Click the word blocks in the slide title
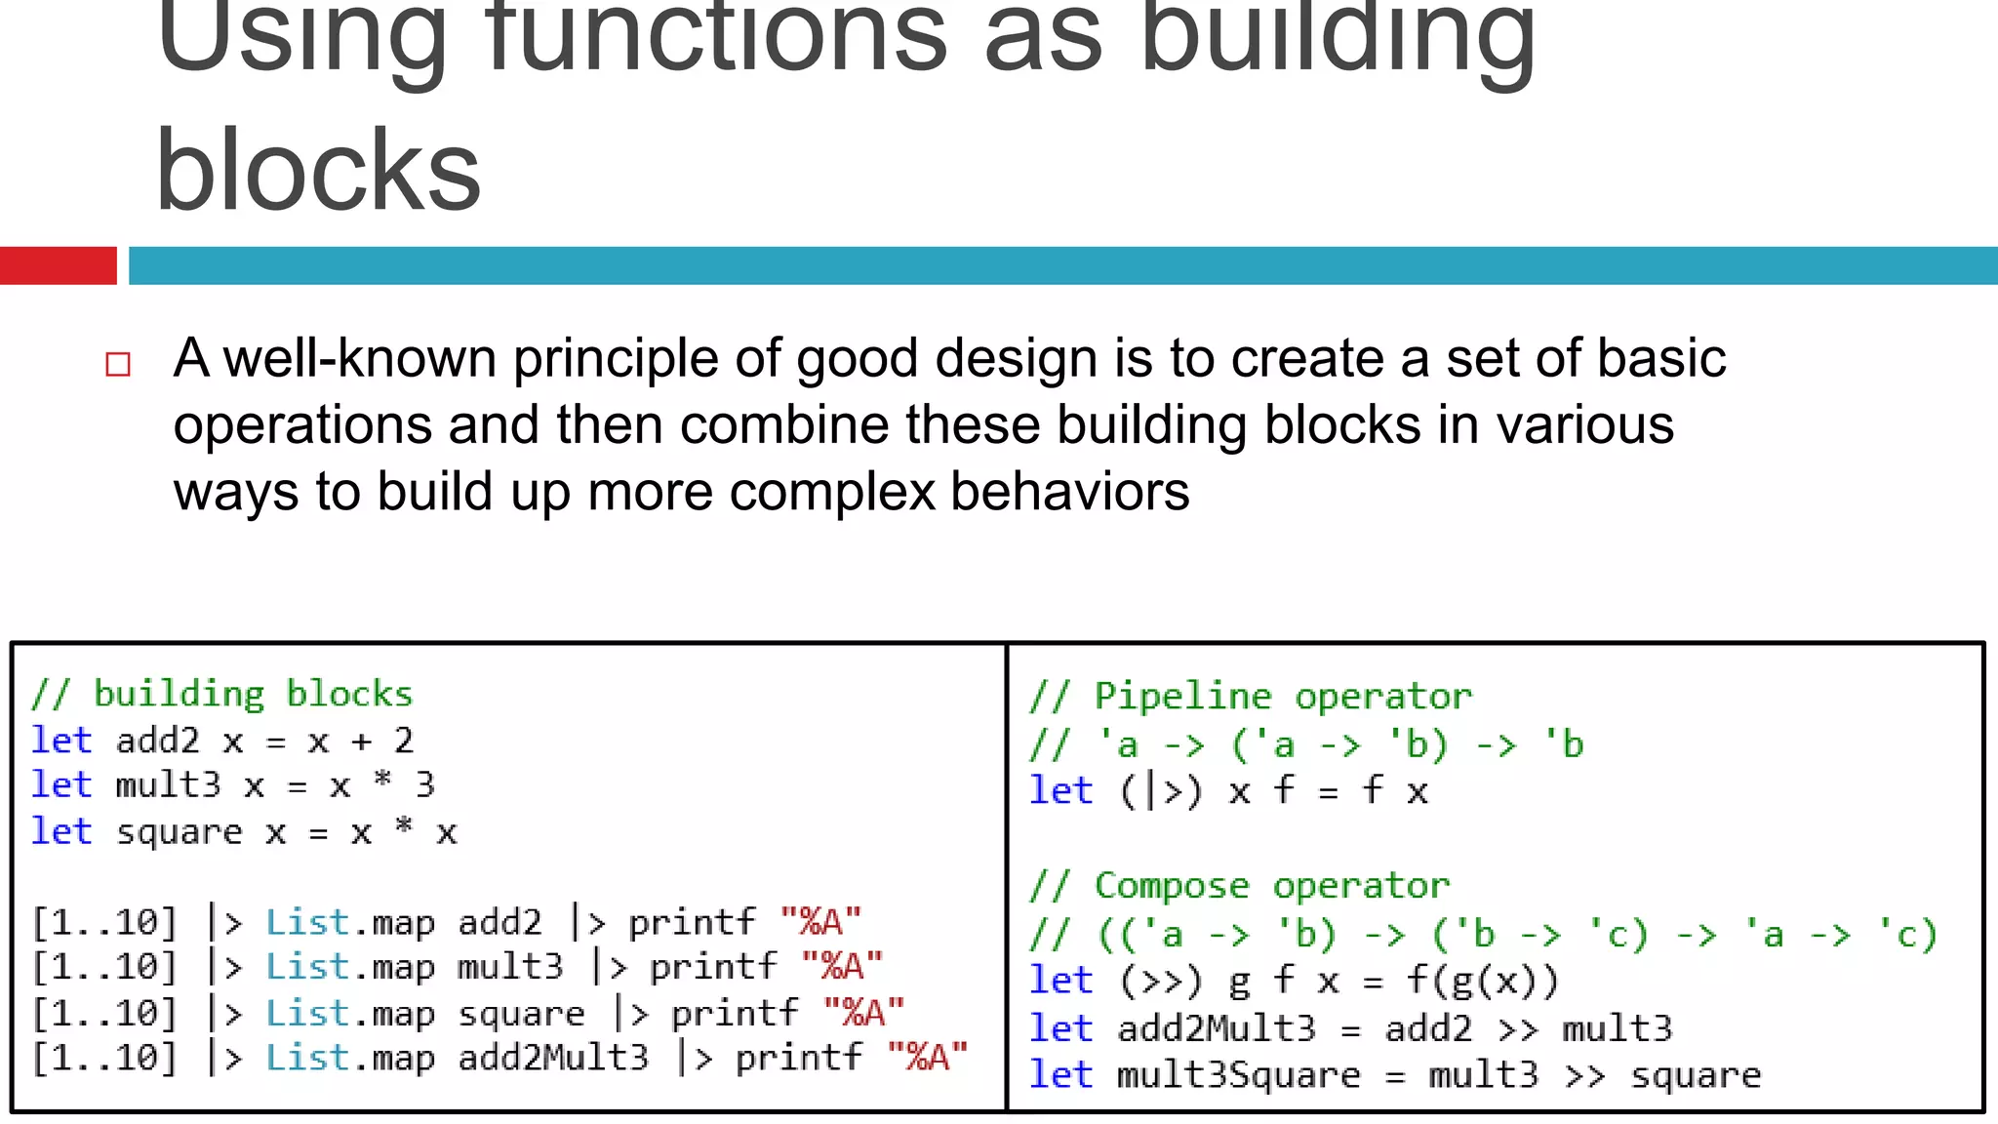click(318, 172)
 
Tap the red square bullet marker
click(118, 365)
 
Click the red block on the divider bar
click(58, 265)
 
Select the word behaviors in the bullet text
click(1070, 491)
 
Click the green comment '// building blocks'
click(222, 694)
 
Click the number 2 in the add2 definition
click(404, 741)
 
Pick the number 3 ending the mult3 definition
click(424, 784)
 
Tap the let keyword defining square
click(61, 831)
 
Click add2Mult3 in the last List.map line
click(553, 1058)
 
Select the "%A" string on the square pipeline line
click(863, 1013)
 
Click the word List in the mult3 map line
click(306, 967)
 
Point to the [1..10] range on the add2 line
click(104, 922)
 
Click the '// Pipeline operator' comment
click(1251, 697)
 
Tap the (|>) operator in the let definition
click(1160, 791)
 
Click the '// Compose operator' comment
click(1239, 886)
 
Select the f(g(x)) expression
click(1481, 981)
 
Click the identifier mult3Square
click(1238, 1075)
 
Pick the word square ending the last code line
click(1696, 1075)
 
